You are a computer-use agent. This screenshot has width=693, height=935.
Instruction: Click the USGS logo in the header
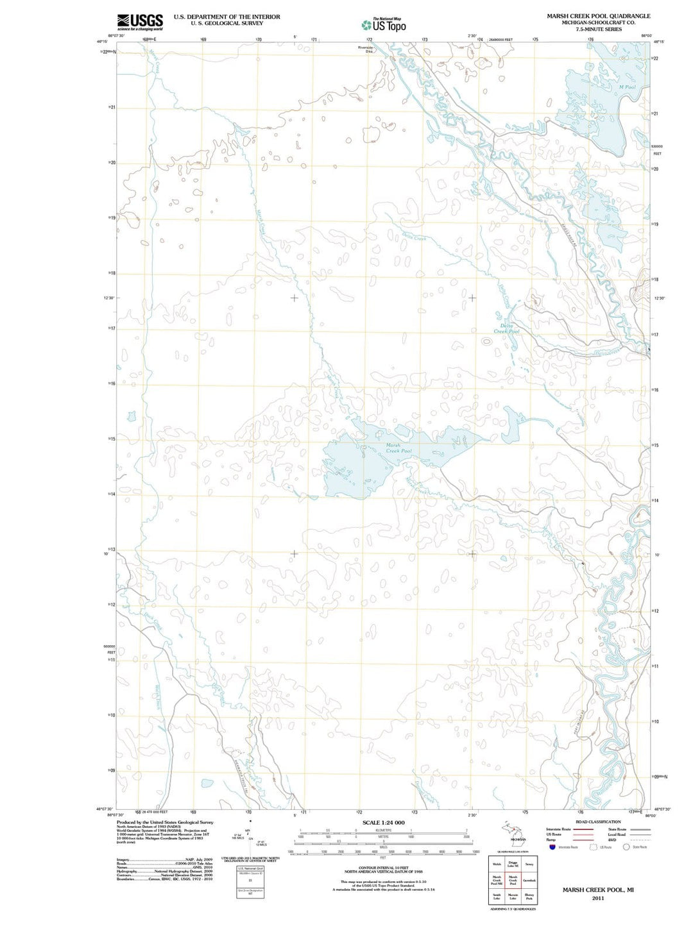click(x=140, y=22)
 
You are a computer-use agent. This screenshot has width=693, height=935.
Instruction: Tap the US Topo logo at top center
click(x=384, y=25)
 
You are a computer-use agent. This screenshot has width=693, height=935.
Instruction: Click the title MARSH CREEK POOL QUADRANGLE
click(x=598, y=16)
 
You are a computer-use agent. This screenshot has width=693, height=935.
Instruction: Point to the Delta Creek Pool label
click(x=506, y=328)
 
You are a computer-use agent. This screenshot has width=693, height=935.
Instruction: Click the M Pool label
click(x=626, y=87)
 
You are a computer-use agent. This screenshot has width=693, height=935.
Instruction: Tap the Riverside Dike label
click(x=365, y=49)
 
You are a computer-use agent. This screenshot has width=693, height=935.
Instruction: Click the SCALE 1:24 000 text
click(x=383, y=822)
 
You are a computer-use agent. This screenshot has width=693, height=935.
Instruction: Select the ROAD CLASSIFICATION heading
click(x=598, y=821)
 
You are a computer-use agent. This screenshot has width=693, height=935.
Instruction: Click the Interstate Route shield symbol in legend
click(x=552, y=847)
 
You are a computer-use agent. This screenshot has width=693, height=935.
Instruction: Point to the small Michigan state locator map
click(x=515, y=832)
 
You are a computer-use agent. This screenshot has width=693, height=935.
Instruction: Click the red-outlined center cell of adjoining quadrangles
click(x=513, y=880)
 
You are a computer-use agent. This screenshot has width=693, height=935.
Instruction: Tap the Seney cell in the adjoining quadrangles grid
click(x=529, y=864)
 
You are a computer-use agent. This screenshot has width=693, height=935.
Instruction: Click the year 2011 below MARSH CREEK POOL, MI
click(x=598, y=898)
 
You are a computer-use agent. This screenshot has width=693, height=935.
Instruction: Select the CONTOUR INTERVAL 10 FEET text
click(x=383, y=868)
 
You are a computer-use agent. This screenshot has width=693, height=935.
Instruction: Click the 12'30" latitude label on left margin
click(x=109, y=298)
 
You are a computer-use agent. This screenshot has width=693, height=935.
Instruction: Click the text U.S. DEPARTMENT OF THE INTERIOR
click(x=227, y=17)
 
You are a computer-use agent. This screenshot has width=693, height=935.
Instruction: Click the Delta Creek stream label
click(x=414, y=238)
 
